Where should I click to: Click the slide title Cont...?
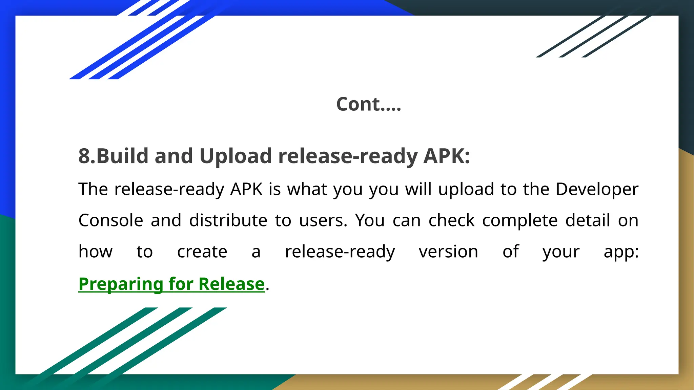(x=368, y=104)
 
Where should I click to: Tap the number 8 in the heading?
(x=84, y=156)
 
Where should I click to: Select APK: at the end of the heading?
(x=447, y=156)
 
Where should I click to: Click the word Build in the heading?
(x=123, y=156)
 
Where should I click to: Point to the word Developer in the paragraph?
(x=597, y=189)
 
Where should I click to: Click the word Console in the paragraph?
(x=111, y=220)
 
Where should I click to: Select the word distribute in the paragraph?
(x=228, y=220)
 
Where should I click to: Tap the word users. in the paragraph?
(x=323, y=220)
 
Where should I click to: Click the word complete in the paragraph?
(x=520, y=220)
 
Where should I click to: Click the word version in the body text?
(x=448, y=252)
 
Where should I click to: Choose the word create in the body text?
(x=202, y=252)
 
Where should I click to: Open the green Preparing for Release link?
(x=171, y=284)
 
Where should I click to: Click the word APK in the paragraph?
(x=246, y=189)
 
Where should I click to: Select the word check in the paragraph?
(x=451, y=220)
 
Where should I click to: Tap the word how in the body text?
(x=96, y=252)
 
